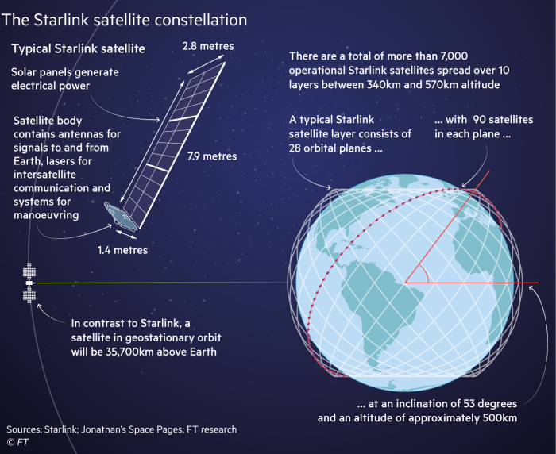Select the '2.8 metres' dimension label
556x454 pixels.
coord(208,46)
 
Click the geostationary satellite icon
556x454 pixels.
coord(29,283)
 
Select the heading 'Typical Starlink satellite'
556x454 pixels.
coord(78,49)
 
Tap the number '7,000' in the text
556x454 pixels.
coord(507,56)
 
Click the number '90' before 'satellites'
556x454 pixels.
coord(480,119)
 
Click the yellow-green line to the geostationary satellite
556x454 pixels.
coord(159,283)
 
